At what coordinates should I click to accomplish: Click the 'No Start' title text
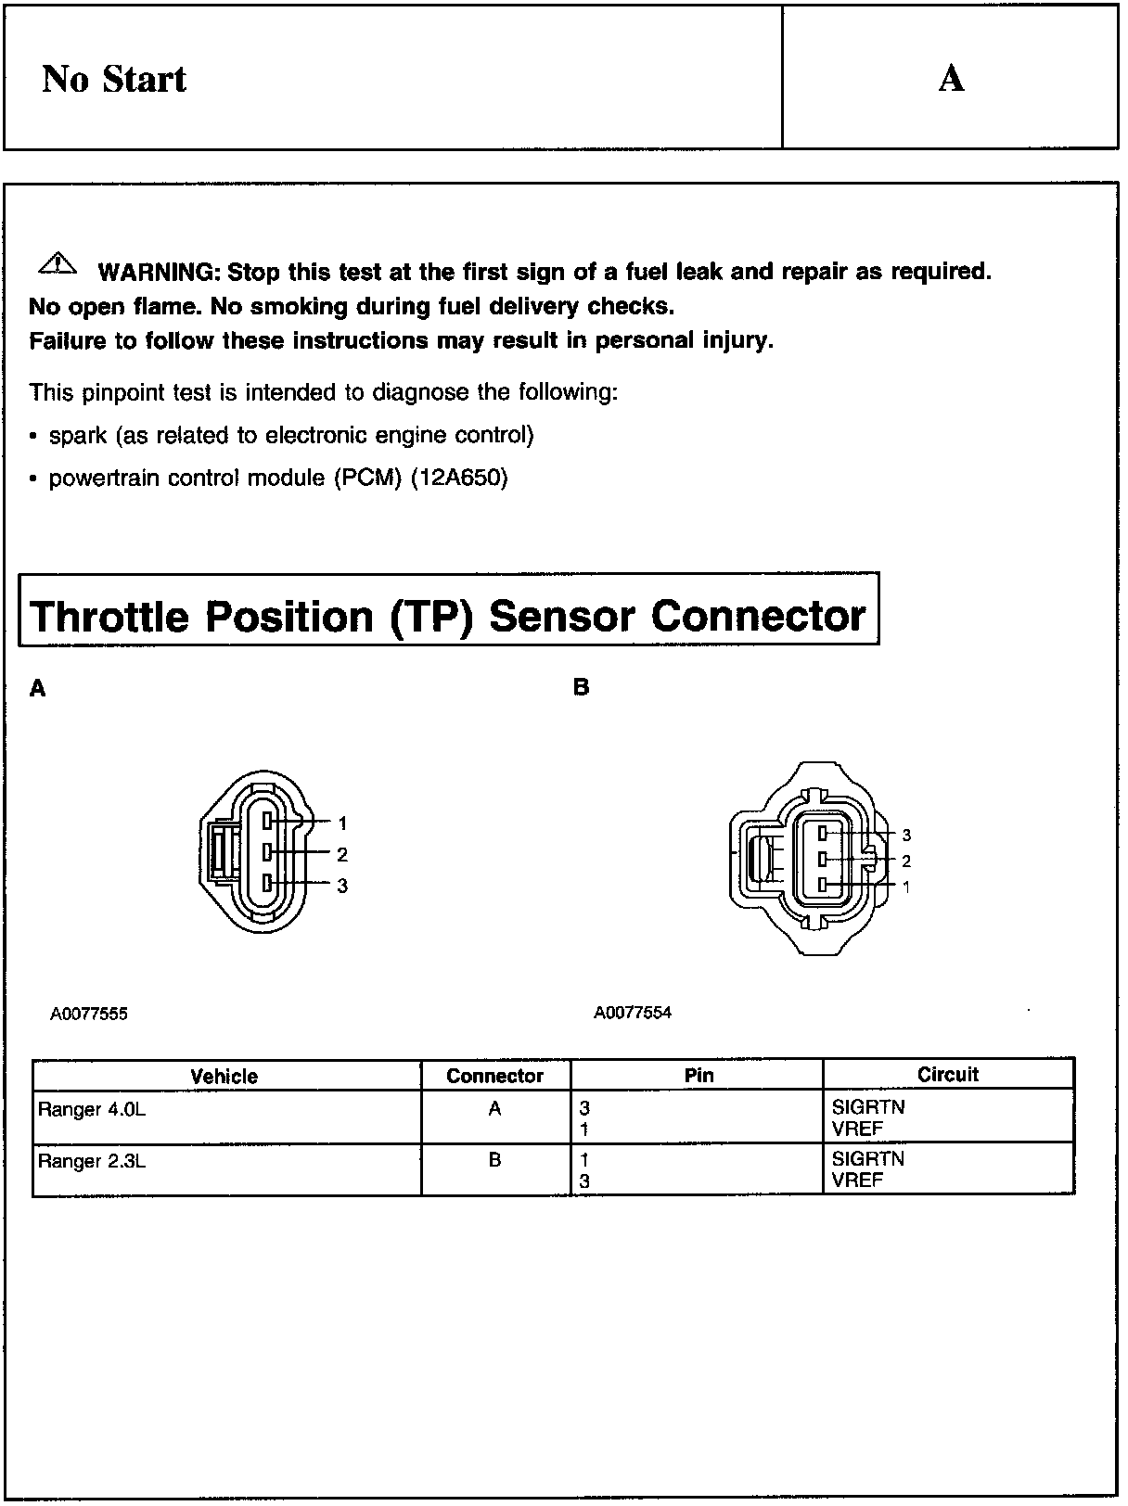pos(113,79)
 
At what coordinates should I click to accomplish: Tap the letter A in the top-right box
pos(951,79)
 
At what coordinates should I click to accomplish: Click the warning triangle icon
pos(58,263)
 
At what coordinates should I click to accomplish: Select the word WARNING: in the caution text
pos(158,272)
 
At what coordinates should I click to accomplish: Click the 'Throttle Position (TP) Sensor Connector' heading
pos(449,617)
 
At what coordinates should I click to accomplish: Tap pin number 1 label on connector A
pos(342,823)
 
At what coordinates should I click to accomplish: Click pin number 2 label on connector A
pos(342,854)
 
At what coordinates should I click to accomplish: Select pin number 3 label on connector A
pos(342,886)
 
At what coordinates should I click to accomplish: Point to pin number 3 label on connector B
pos(906,836)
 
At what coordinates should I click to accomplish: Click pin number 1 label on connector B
pos(906,887)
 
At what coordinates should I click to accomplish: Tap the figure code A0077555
pos(89,1014)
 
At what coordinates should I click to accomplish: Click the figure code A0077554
pos(633,1013)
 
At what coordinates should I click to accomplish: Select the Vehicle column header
pos(224,1076)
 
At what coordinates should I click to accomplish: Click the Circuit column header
pos(948,1075)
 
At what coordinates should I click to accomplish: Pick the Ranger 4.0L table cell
pos(92,1109)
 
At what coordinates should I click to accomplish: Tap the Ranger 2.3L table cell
pos(92,1161)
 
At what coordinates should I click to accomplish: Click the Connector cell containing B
pos(494,1160)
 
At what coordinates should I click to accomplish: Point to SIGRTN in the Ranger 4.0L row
pos(868,1107)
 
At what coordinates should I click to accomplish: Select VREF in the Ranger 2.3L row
pos(858,1181)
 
